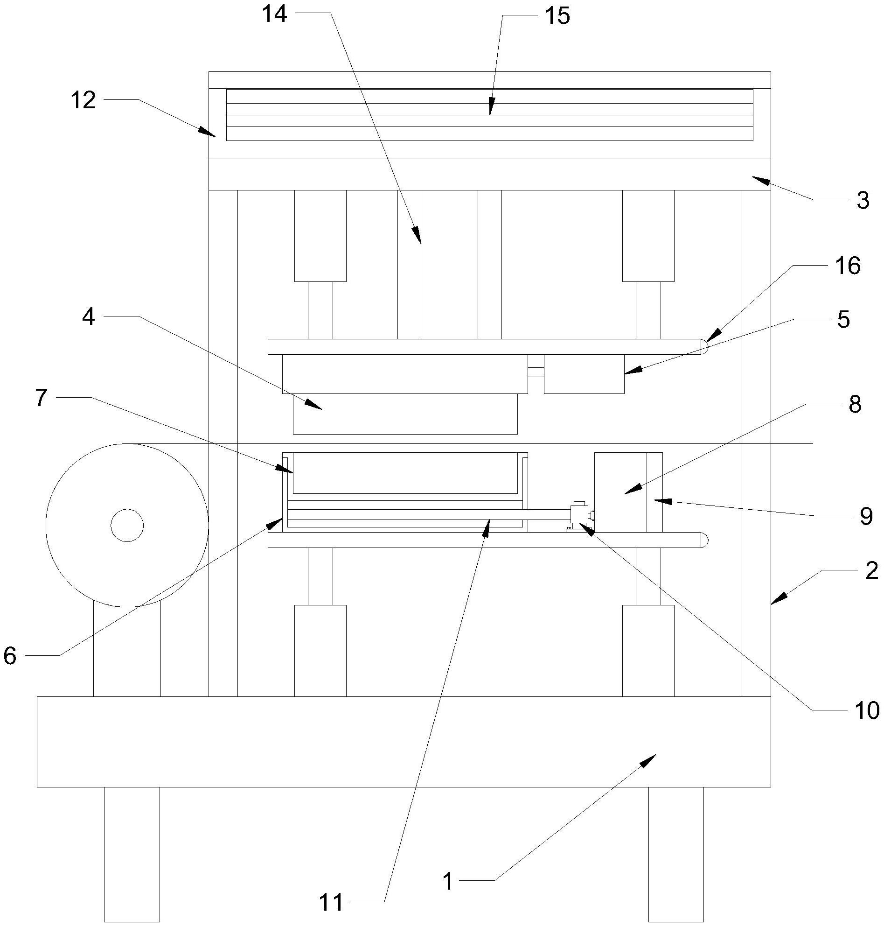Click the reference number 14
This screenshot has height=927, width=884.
[x=275, y=14]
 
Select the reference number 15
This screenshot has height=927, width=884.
[x=557, y=16]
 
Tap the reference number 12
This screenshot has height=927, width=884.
[x=84, y=101]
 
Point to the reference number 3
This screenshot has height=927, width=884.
[x=863, y=201]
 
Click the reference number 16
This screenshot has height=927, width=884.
[x=848, y=266]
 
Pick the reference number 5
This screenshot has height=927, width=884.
[x=843, y=320]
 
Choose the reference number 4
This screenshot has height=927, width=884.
[x=89, y=317]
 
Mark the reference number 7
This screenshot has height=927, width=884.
[x=42, y=398]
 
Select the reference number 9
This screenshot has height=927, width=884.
[x=867, y=517]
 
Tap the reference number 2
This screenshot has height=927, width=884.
[x=872, y=570]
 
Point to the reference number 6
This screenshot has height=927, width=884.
[x=10, y=656]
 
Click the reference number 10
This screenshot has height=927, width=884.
[x=867, y=710]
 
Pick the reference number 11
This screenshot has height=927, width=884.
[x=331, y=902]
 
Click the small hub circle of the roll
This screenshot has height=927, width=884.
[x=127, y=525]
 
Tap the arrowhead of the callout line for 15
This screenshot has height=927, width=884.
[x=491, y=107]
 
